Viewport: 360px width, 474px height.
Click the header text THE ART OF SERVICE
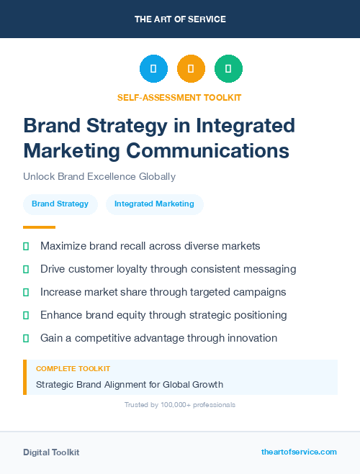[x=180, y=19]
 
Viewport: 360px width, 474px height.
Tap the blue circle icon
[x=153, y=69]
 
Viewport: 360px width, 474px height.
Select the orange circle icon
[x=191, y=69]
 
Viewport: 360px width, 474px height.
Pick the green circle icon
[x=228, y=69]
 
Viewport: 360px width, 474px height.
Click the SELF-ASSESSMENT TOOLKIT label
[x=179, y=97]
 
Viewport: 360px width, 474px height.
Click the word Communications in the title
[x=208, y=151]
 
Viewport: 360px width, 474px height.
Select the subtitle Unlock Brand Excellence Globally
[x=99, y=176]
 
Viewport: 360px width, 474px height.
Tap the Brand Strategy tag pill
[x=60, y=204]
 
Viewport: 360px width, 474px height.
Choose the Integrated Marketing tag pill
[x=154, y=204]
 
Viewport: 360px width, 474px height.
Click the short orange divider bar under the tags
[x=39, y=227]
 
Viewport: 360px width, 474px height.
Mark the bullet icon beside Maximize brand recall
[x=26, y=246]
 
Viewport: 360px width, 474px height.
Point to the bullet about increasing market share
[x=163, y=292]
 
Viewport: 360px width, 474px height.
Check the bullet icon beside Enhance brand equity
[x=26, y=315]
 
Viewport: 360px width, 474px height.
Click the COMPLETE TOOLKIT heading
[x=73, y=368]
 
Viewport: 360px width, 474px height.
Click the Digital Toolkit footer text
[x=51, y=452]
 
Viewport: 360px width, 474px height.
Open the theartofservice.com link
[x=299, y=452]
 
